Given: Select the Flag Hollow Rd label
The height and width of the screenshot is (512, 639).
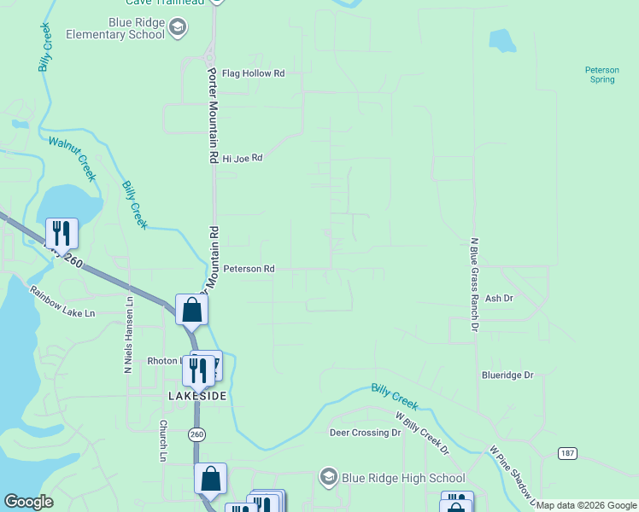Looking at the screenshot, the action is click(x=253, y=73).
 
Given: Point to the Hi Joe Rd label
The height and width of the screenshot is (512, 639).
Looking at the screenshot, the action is click(x=242, y=158).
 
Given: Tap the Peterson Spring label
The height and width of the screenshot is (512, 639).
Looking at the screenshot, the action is click(x=600, y=74).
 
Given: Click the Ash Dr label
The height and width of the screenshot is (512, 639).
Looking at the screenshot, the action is click(x=498, y=299).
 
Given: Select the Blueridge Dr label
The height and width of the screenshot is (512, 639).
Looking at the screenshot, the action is click(x=507, y=375).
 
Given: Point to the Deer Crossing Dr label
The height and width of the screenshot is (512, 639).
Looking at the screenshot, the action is click(x=365, y=433).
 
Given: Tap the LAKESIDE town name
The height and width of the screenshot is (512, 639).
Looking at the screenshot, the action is click(x=197, y=397).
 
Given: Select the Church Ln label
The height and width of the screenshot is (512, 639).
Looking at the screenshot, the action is click(x=162, y=440).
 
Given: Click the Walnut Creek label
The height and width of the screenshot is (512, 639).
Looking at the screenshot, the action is click(x=73, y=159).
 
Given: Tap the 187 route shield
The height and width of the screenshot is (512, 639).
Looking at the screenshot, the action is click(x=567, y=452).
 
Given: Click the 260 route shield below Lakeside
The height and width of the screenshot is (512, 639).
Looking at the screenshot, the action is click(x=196, y=435).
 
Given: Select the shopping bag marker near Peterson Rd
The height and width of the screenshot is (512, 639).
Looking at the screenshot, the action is click(x=191, y=310).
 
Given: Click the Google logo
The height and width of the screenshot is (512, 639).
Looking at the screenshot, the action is click(x=29, y=502).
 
